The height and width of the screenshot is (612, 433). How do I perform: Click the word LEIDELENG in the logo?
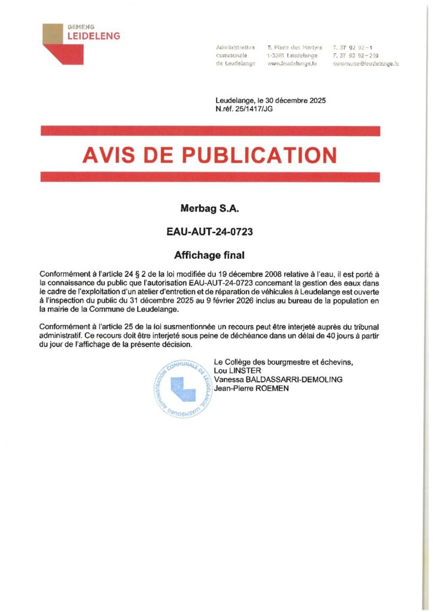tap(94, 36)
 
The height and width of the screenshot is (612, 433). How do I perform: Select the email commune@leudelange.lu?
tap(366, 63)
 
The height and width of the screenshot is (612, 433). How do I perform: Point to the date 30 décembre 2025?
tap(295, 100)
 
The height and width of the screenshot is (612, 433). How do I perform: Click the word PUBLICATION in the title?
tap(259, 155)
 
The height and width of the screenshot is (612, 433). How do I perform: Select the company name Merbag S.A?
tap(209, 209)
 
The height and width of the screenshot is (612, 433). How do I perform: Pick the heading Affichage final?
tap(209, 255)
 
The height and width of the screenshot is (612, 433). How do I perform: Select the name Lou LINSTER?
tap(233, 371)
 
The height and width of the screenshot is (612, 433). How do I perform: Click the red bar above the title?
tap(209, 131)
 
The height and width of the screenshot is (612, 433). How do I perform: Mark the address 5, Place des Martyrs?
tap(295, 47)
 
